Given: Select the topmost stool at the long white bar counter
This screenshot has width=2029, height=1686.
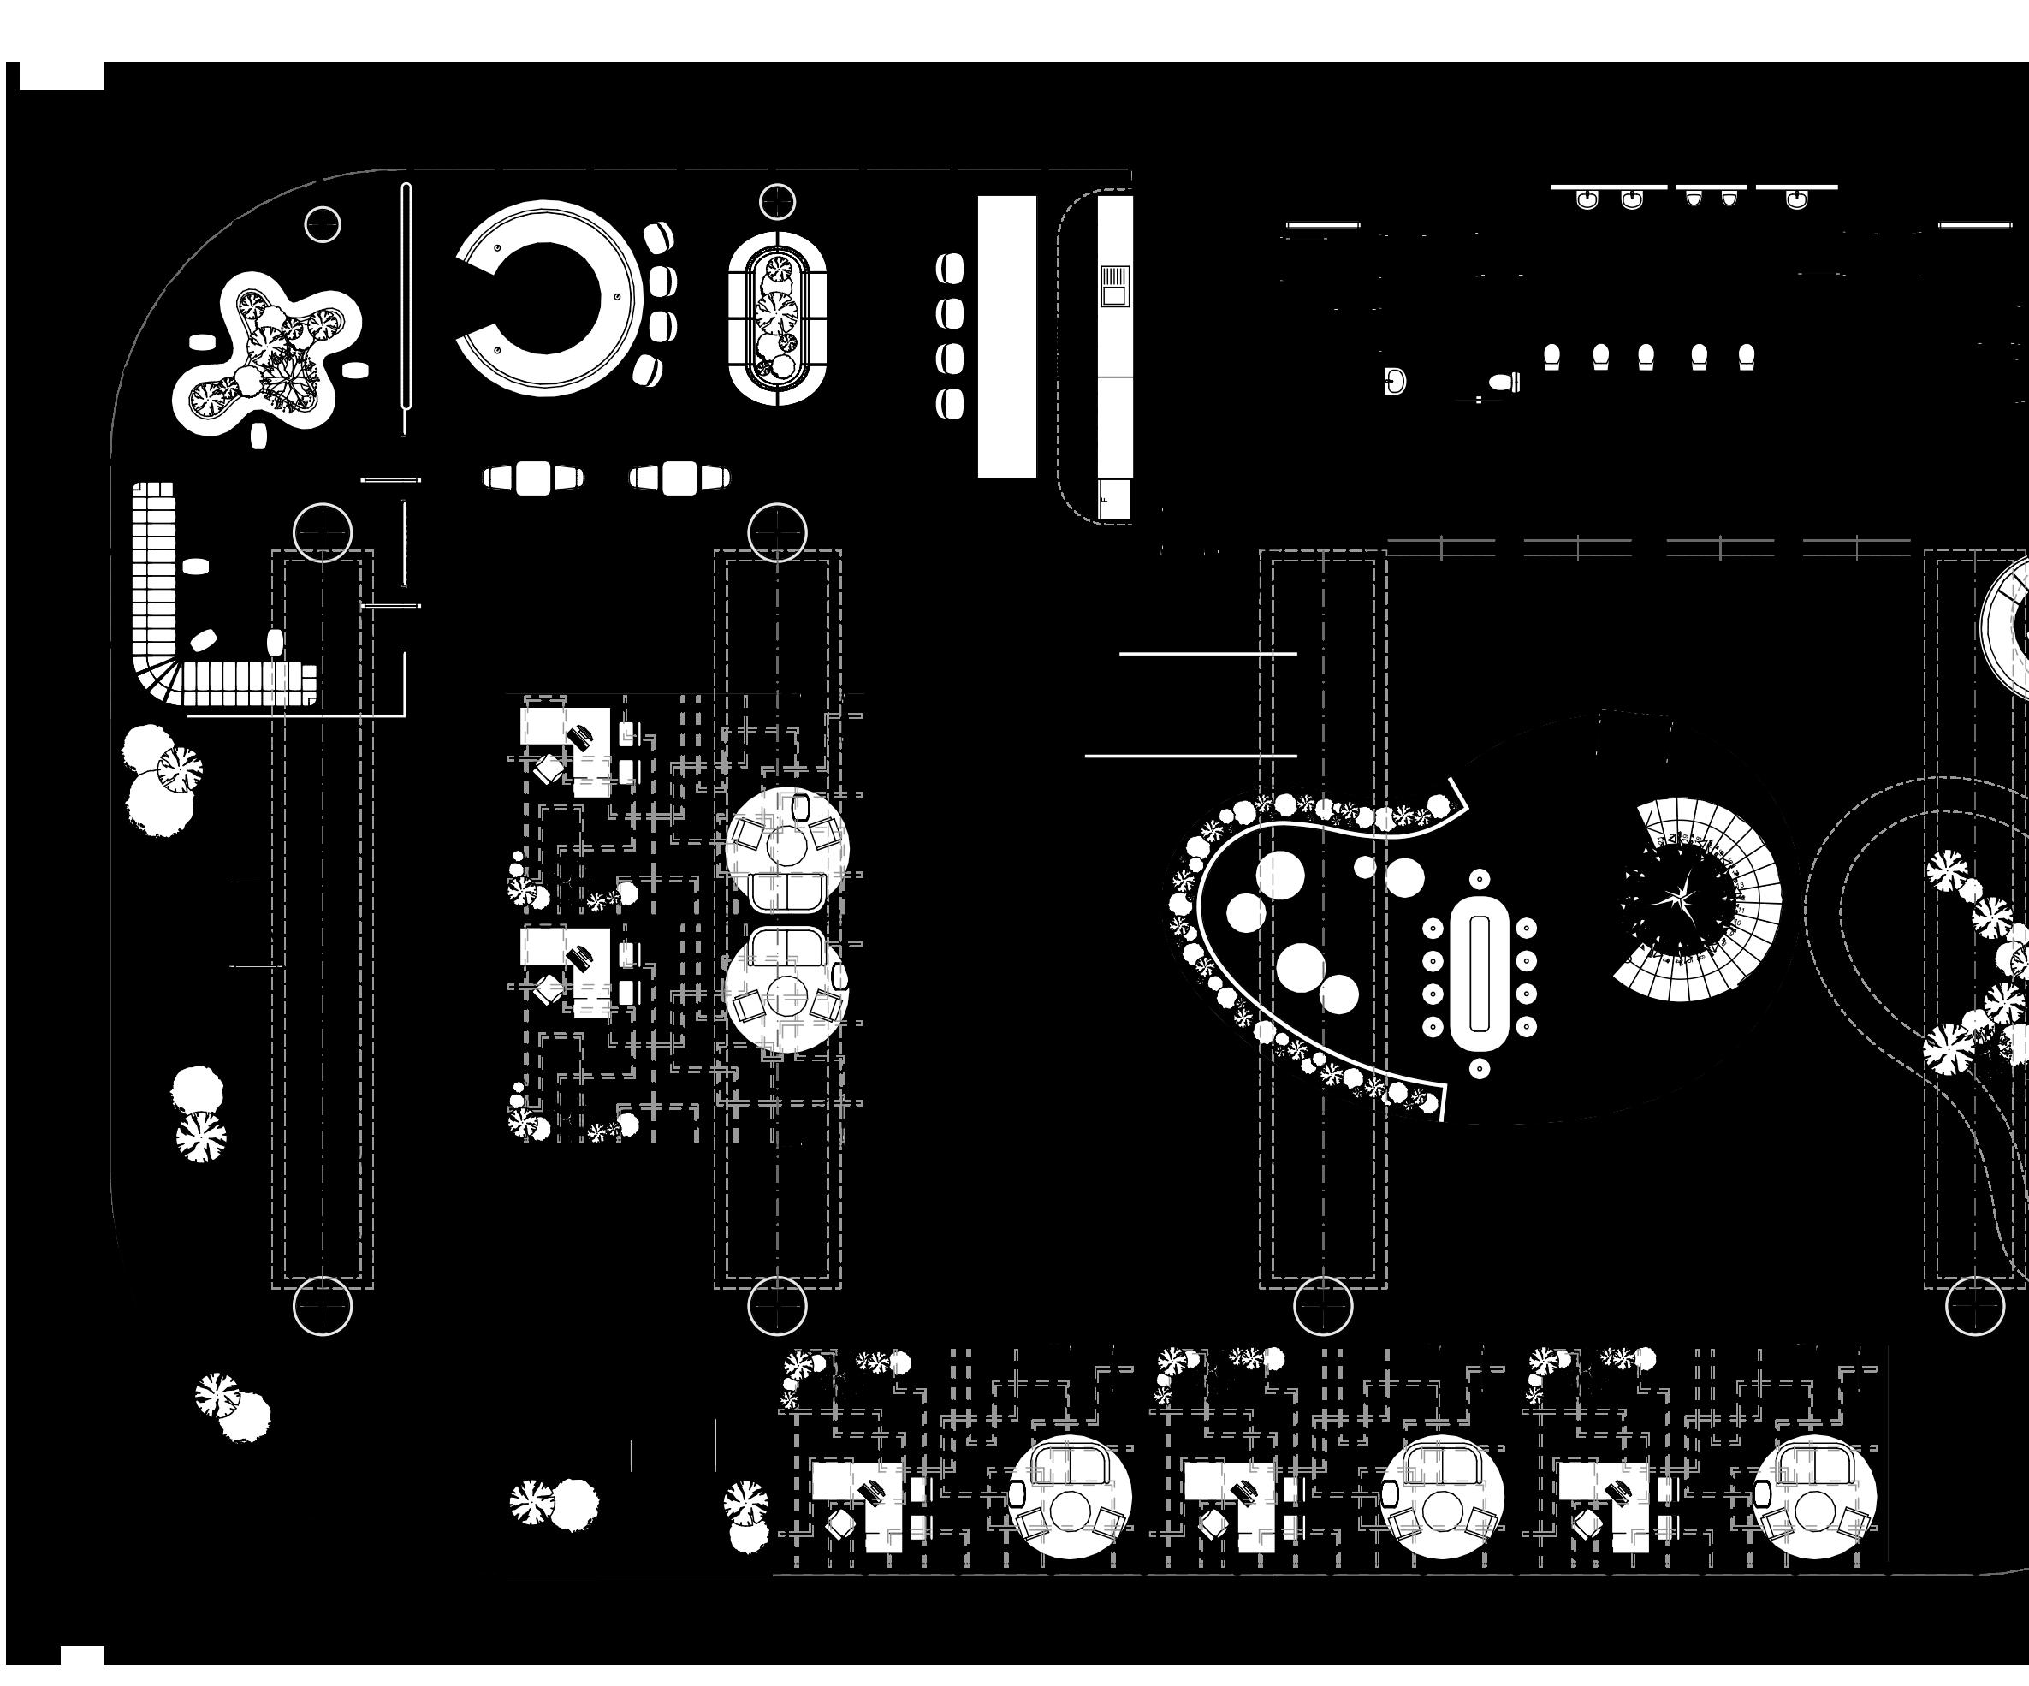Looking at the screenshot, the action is [950, 268].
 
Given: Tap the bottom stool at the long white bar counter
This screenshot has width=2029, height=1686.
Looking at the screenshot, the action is [950, 403].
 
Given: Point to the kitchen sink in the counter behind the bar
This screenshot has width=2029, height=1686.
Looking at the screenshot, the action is [1115, 285].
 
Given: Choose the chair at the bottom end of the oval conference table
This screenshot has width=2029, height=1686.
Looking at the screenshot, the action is [1478, 1067].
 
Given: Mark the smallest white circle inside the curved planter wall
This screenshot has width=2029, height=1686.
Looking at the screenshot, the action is [1364, 867].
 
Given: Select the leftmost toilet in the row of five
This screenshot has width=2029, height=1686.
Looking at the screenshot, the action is [1551, 357].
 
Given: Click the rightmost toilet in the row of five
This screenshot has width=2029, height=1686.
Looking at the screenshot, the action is [1746, 357].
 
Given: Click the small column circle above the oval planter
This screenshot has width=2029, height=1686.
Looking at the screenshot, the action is [777, 202].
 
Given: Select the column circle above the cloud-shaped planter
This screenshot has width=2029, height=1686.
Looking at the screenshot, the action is [323, 224].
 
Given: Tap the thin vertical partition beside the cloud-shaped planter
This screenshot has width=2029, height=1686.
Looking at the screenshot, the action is [406, 309].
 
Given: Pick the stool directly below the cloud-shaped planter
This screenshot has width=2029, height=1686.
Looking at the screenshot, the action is [258, 435].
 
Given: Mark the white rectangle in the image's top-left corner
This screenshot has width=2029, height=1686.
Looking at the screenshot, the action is [62, 75].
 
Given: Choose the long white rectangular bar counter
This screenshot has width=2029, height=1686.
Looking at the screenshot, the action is [1006, 336].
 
